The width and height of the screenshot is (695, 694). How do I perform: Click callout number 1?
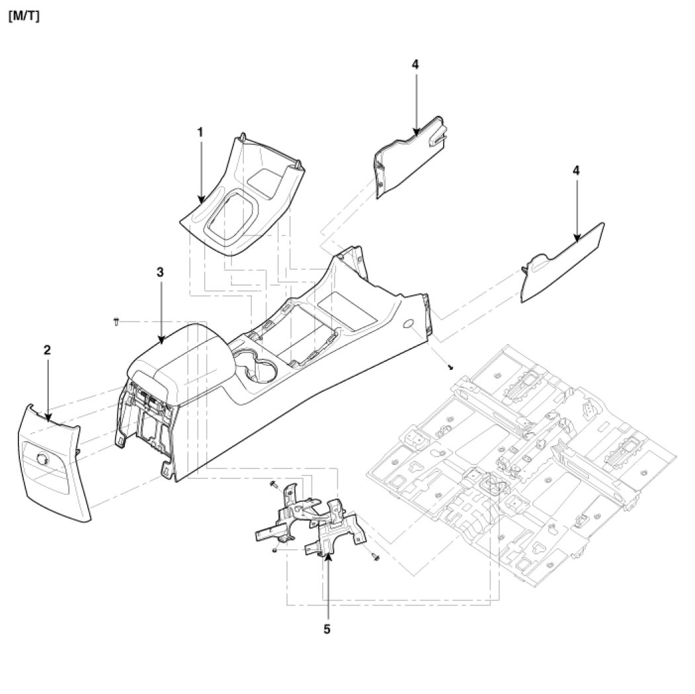pos(200,132)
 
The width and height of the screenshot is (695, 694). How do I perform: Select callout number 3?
pos(159,272)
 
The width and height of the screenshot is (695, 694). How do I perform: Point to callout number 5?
pos(327,629)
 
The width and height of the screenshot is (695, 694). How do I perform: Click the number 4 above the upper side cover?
pos(415,64)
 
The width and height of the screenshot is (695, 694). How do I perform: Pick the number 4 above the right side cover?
pos(576,170)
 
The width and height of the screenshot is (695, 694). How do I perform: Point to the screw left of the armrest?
pos(116,322)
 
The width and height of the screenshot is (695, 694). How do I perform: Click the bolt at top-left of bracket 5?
pos(272,485)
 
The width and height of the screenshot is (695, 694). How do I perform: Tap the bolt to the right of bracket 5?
pos(376,558)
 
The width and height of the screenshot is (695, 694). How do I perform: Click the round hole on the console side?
pos(407,324)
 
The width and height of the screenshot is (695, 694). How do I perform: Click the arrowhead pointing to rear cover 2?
pos(48,417)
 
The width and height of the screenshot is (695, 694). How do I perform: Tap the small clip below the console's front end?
pos(450,367)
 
